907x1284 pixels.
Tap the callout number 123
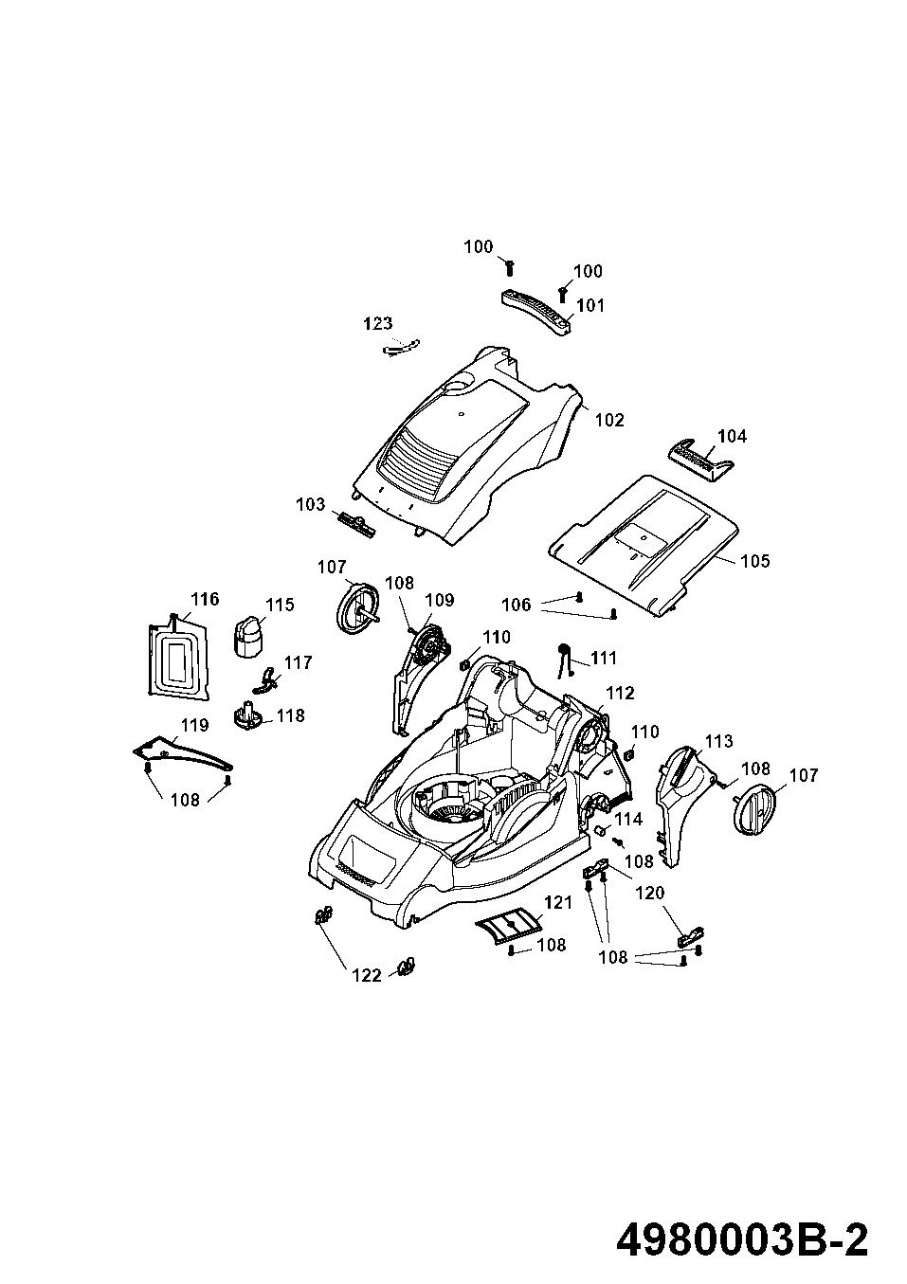click(x=378, y=324)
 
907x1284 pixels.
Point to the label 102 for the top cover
click(x=609, y=420)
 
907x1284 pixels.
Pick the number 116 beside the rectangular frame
click(x=205, y=599)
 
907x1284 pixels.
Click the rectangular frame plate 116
click(x=179, y=657)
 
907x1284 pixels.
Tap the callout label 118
click(x=291, y=714)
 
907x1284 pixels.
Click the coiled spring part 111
click(x=564, y=657)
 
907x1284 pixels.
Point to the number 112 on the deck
click(x=620, y=694)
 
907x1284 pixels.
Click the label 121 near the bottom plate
click(x=559, y=902)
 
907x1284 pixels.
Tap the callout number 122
click(x=367, y=975)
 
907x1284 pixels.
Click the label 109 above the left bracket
click(x=439, y=600)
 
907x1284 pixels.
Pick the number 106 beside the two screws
click(x=516, y=605)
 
